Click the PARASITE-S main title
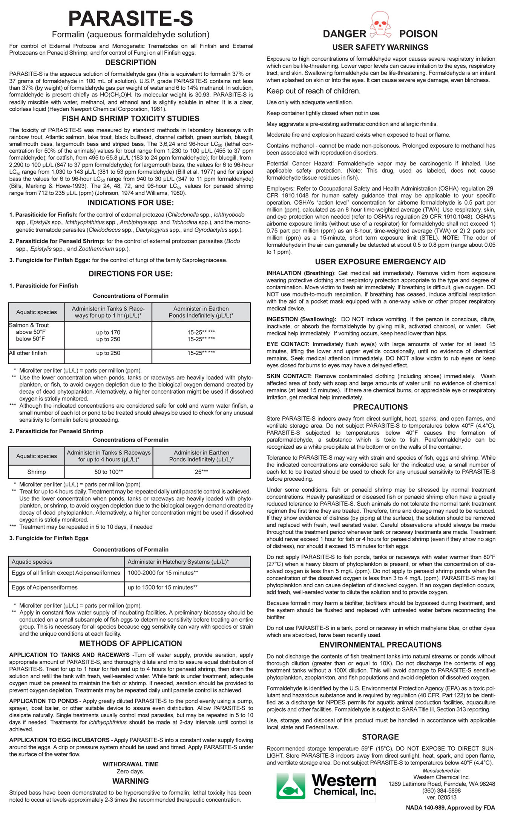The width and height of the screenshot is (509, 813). click(130, 18)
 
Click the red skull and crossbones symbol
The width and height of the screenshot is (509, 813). click(380, 24)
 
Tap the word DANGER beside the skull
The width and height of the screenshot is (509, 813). click(344, 34)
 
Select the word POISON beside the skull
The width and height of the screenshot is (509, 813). click(418, 34)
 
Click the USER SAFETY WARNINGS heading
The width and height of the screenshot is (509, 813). click(380, 47)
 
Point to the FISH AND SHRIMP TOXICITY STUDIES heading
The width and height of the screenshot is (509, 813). click(130, 119)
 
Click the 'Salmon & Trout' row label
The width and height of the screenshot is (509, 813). click(29, 325)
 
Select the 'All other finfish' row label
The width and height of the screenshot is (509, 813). click(28, 353)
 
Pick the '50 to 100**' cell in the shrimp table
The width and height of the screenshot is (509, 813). click(109, 472)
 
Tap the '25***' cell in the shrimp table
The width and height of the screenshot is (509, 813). click(201, 472)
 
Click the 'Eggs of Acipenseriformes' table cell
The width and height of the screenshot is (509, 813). click(44, 587)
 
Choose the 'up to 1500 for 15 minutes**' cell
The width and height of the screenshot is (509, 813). click(163, 587)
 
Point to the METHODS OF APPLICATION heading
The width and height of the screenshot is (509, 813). click(130, 643)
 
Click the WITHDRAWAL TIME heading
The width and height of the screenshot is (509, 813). click(130, 764)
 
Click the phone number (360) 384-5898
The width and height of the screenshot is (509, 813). click(442, 790)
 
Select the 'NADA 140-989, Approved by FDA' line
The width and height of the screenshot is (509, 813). click(450, 807)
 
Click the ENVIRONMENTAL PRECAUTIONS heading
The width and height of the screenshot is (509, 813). click(380, 645)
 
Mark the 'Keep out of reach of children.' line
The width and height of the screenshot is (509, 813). click(313, 91)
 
